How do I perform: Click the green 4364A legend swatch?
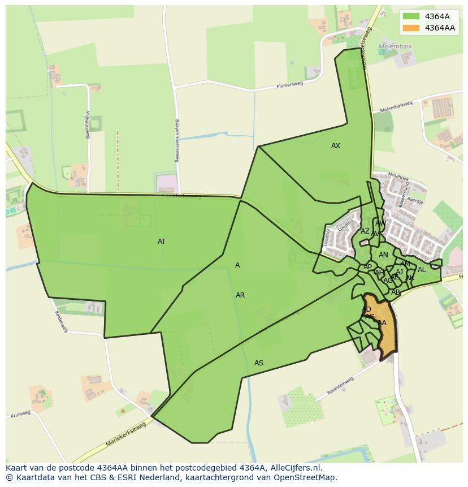411,16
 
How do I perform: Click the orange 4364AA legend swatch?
411,28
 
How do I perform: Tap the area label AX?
336,146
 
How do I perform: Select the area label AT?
162,242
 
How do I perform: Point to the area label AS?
259,363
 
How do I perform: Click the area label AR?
240,295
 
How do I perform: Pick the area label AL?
422,270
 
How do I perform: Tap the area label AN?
383,255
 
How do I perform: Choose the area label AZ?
365,231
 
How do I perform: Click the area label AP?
368,267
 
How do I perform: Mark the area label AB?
396,292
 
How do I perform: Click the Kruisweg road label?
20,414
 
